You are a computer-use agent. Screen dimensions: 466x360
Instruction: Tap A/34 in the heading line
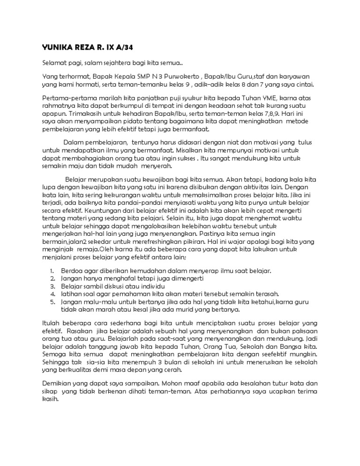[125, 47]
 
